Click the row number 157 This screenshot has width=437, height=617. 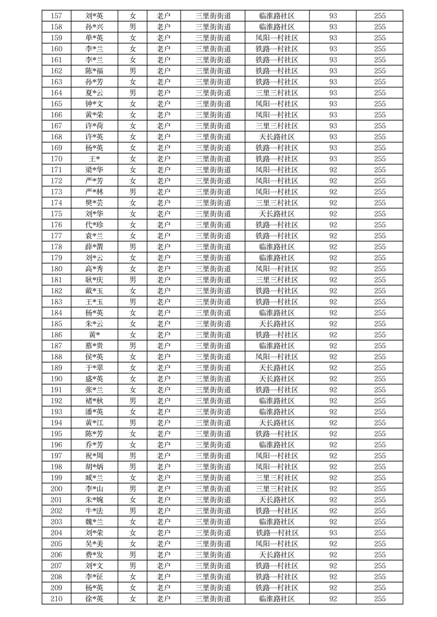pos(56,16)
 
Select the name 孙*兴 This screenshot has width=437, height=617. pos(94,27)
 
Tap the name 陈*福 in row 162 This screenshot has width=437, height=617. pos(94,71)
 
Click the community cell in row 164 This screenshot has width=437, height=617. pos(277,93)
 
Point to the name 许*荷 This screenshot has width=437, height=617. pos(94,126)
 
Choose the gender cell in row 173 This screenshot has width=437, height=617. pos(132,192)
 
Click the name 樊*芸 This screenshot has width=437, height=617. pos(94,203)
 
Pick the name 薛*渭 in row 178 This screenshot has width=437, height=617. pos(94,247)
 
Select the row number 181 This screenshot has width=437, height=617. pos(56,280)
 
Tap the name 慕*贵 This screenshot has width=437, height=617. pos(94,346)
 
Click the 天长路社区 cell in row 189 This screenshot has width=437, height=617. pos(277,368)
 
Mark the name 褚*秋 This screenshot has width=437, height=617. pos(94,401)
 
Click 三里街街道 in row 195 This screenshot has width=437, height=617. pos(213,434)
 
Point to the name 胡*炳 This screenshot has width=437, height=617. pos(94,467)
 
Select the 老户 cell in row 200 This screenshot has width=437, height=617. pos(163,489)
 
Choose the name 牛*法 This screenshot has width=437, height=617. pos(94,511)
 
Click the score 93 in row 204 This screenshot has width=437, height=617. pos(333,533)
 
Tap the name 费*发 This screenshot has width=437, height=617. pos(94,555)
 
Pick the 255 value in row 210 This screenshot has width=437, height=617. pos(380,599)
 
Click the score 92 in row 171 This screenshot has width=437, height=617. pos(333,170)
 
